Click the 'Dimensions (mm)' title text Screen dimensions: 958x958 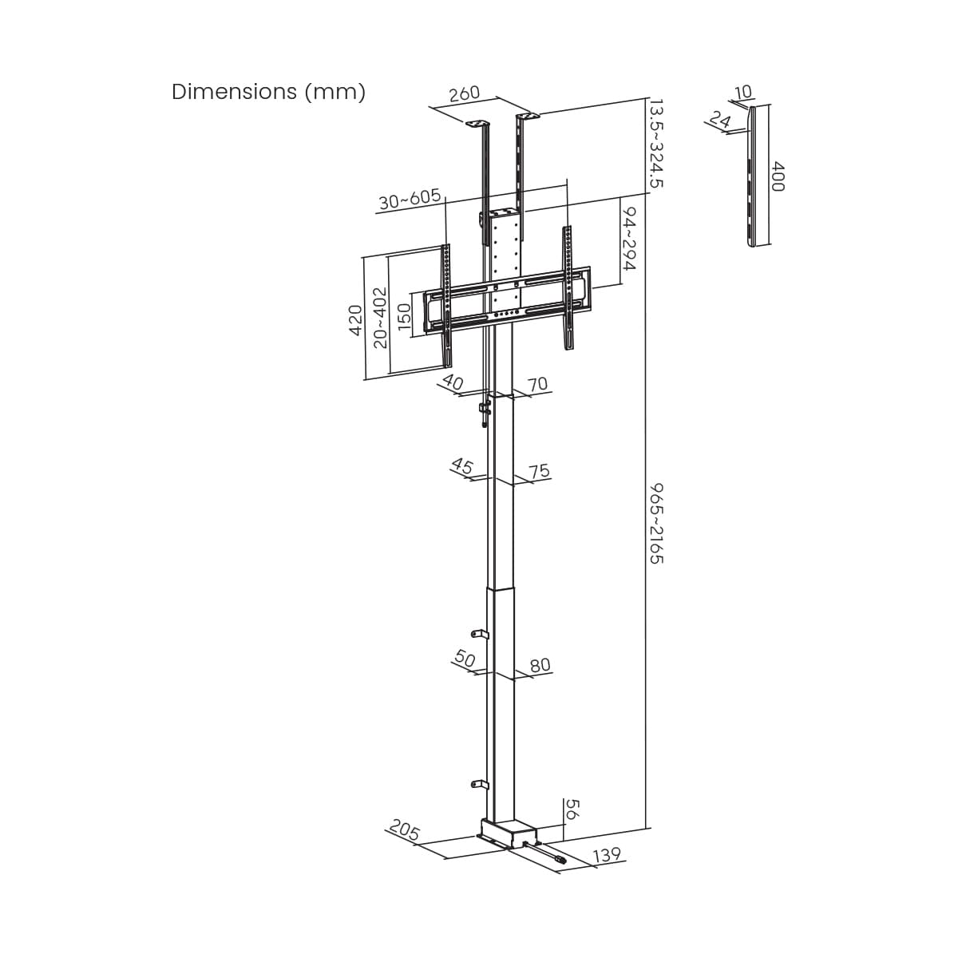(268, 92)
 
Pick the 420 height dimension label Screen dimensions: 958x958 (356, 320)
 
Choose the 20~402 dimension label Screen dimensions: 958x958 (380, 318)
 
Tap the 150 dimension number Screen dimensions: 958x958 (405, 316)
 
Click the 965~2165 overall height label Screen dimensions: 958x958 (657, 524)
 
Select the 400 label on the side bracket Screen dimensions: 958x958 (778, 176)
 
